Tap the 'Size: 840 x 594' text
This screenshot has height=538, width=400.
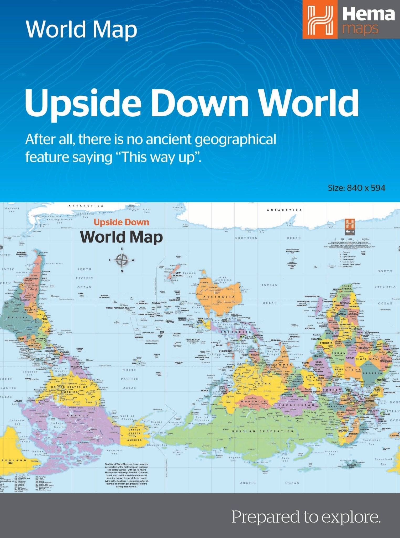point(356,188)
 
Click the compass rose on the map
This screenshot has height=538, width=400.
point(122,260)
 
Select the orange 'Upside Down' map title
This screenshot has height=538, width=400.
point(121,222)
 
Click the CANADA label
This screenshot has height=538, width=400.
point(78,416)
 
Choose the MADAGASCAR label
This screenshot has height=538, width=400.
point(312,297)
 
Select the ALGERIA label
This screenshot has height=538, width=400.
point(373,373)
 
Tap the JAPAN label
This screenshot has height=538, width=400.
point(204,390)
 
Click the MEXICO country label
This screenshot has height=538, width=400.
point(76,367)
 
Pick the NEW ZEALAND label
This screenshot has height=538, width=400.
point(178,274)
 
